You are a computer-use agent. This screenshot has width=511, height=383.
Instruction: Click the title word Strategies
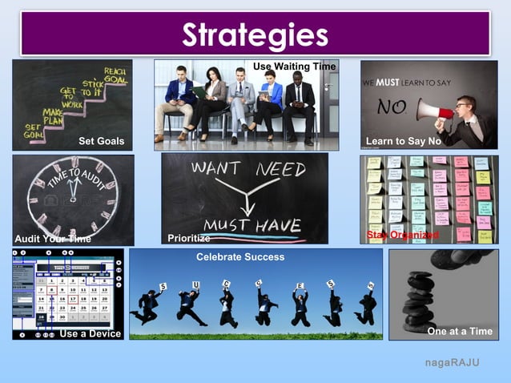255,35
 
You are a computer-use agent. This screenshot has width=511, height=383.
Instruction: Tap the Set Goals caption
101,141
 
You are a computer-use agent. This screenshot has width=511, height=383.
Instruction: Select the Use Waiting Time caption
295,65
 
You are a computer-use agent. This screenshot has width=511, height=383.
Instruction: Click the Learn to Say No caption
403,141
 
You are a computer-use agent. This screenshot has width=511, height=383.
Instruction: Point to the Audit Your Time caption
53,238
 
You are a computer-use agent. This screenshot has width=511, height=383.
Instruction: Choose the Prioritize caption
189,238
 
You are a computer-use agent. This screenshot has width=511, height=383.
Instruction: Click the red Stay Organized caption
402,235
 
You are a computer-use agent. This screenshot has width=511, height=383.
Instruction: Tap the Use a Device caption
90,333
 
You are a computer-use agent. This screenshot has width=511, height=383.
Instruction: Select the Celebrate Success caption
240,257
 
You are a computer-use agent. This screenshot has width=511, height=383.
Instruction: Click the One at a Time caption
460,331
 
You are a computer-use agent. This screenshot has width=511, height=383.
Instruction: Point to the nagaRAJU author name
453,363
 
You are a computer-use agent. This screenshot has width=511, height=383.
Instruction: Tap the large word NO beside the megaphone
392,107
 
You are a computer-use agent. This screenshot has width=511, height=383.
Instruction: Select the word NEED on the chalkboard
281,169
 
